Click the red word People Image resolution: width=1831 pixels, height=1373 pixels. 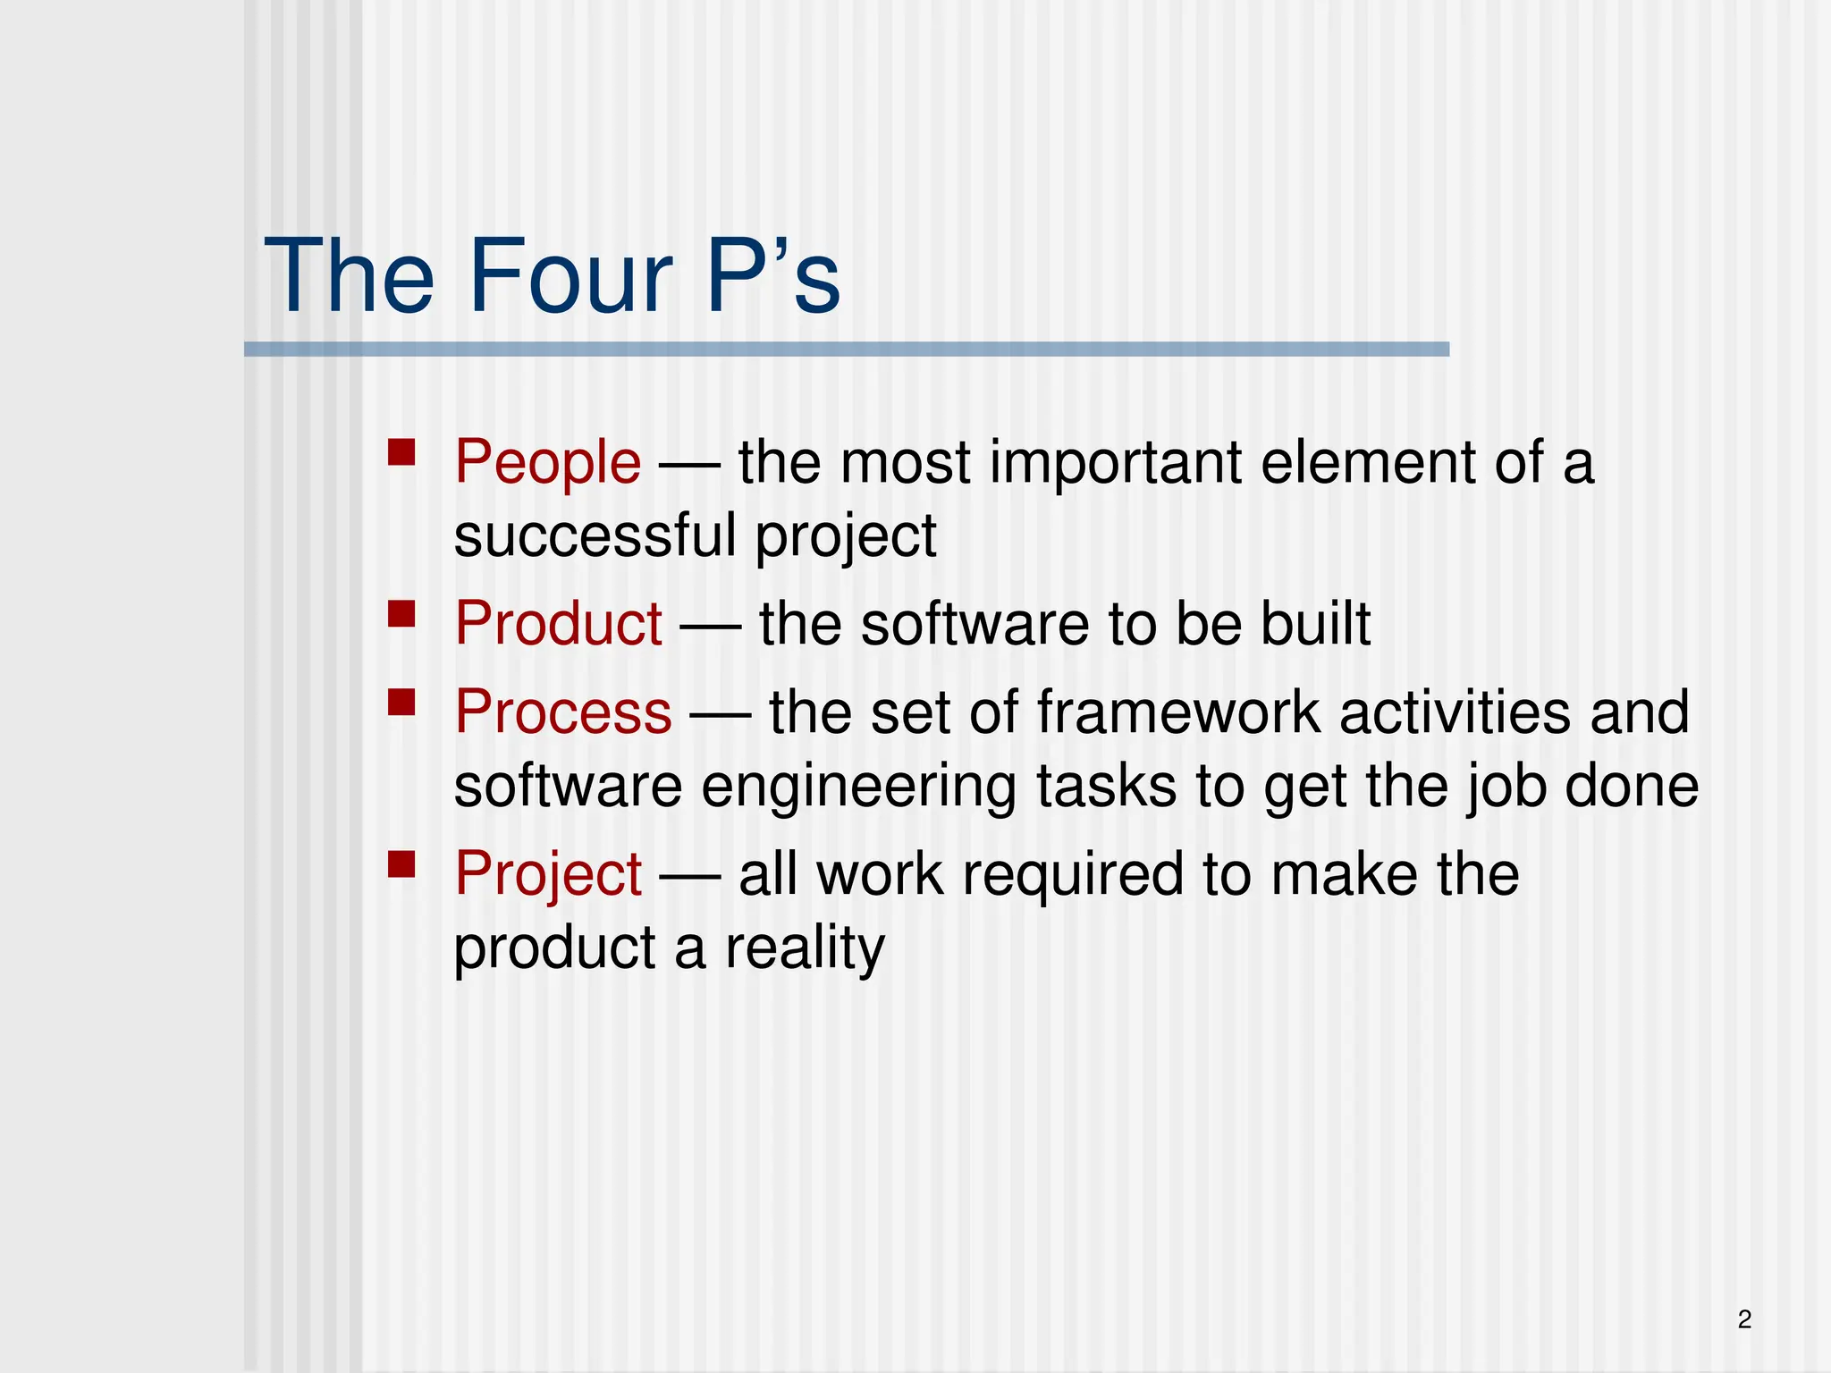tap(547, 463)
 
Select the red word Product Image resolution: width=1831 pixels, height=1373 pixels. tap(558, 624)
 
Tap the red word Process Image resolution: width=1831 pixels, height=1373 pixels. tap(562, 712)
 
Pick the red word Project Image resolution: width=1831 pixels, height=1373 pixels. tap(547, 874)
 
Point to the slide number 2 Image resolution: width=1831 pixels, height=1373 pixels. tap(1744, 1318)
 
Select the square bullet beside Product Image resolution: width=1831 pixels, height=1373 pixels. tap(401, 613)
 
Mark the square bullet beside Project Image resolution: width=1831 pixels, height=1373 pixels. tap(401, 863)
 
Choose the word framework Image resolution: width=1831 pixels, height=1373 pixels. tap(1178, 712)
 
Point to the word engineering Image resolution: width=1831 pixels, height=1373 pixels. tap(858, 788)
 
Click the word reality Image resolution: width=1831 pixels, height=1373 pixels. tap(804, 948)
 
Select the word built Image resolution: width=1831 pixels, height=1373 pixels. tap(1315, 624)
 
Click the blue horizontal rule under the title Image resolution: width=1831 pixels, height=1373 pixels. tap(846, 350)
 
